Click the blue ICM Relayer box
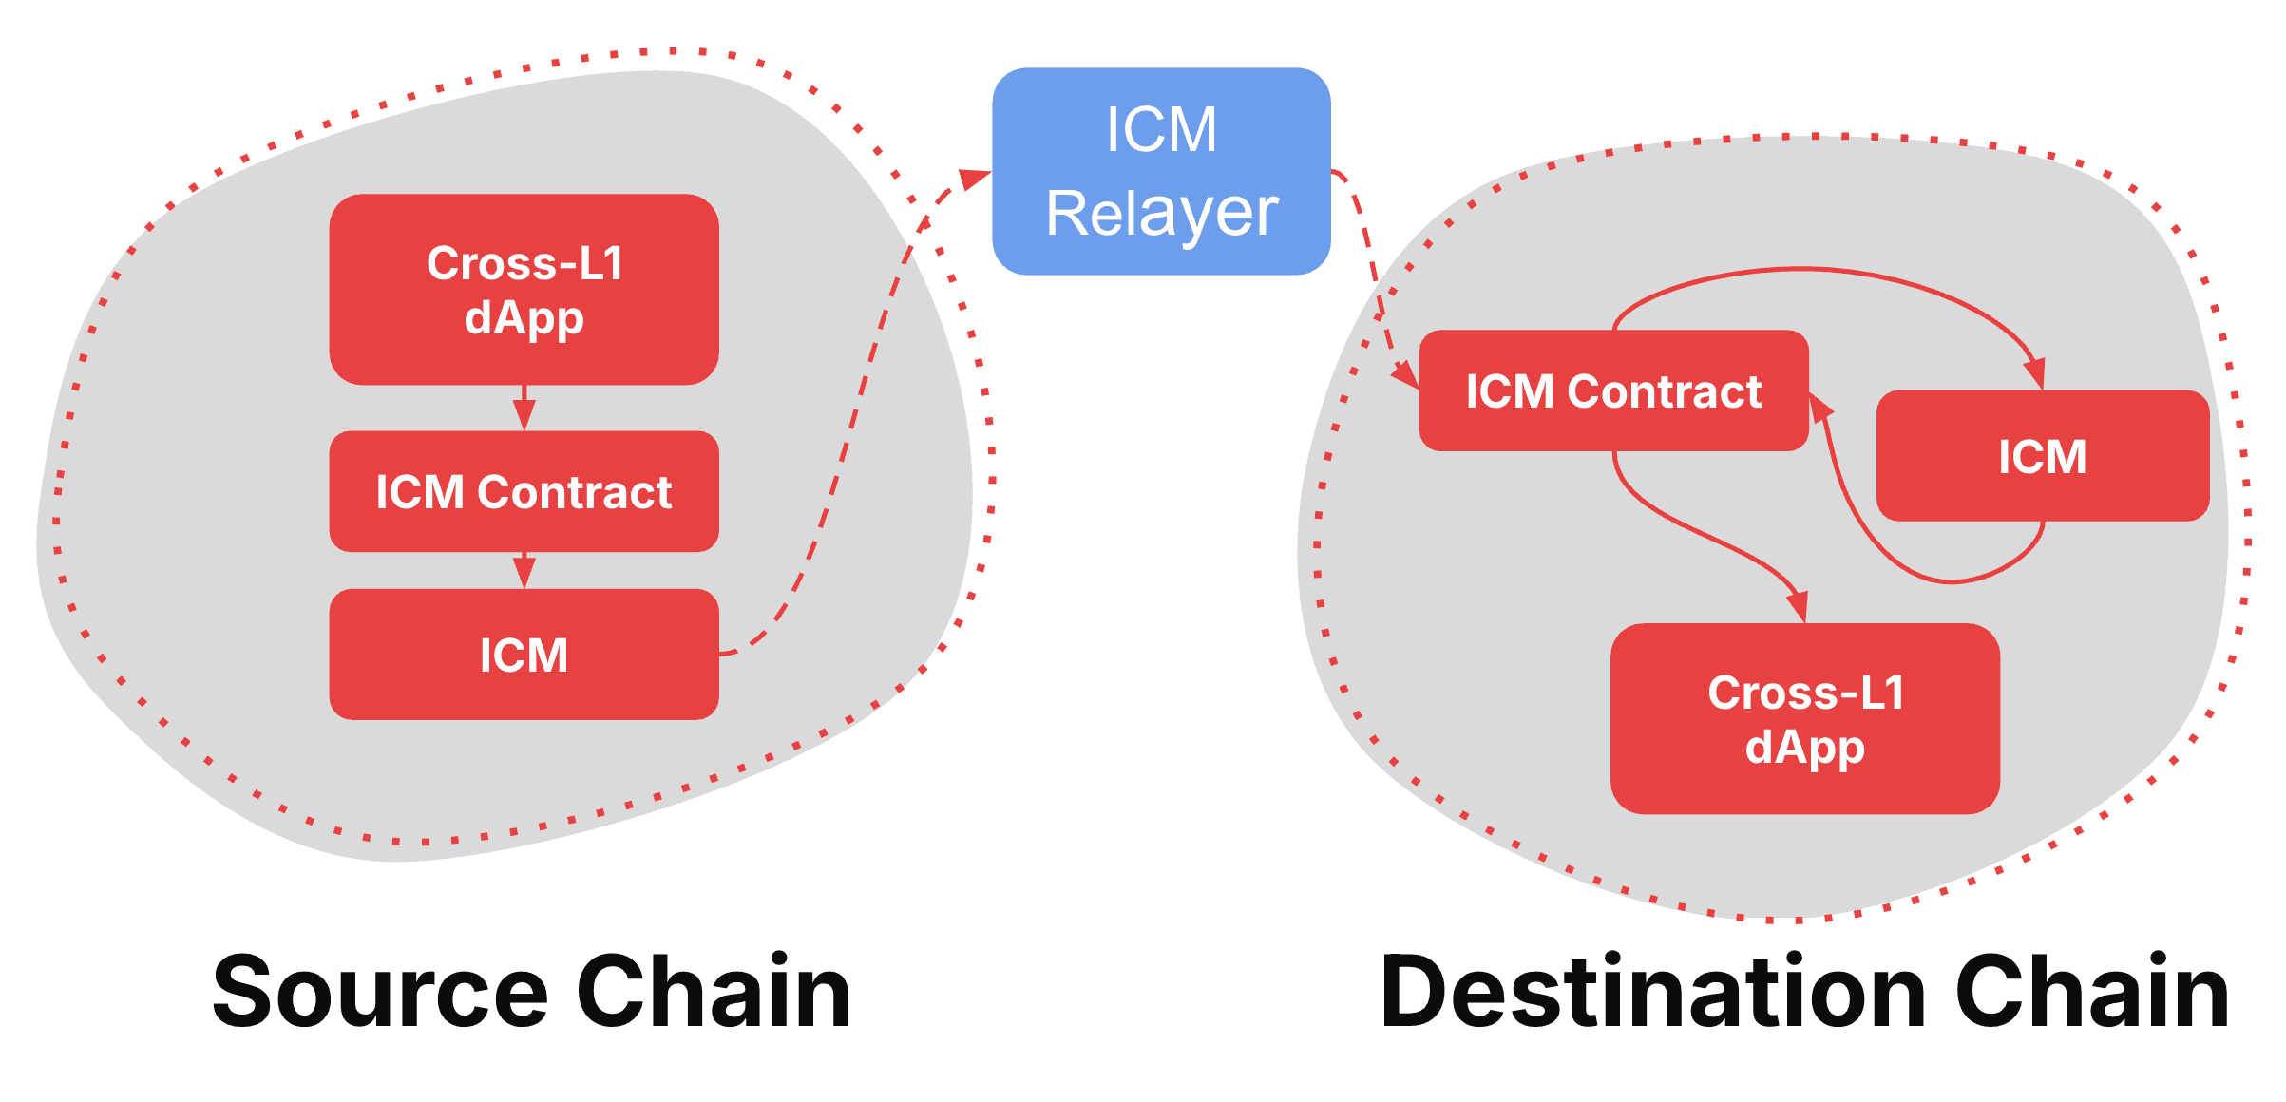(x=1161, y=171)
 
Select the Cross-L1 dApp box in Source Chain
(x=524, y=289)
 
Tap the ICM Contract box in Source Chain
(x=524, y=491)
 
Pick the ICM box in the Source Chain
(x=524, y=655)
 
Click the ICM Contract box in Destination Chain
(x=1613, y=390)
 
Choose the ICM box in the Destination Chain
(x=2043, y=456)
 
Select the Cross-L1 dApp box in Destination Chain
(x=1805, y=718)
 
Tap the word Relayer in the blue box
(x=1161, y=213)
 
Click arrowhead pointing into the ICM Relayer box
(x=975, y=179)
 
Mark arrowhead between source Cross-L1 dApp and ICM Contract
(x=524, y=415)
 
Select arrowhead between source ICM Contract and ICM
(x=524, y=573)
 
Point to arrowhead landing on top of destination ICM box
(x=2034, y=373)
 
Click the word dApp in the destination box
(x=1805, y=747)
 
